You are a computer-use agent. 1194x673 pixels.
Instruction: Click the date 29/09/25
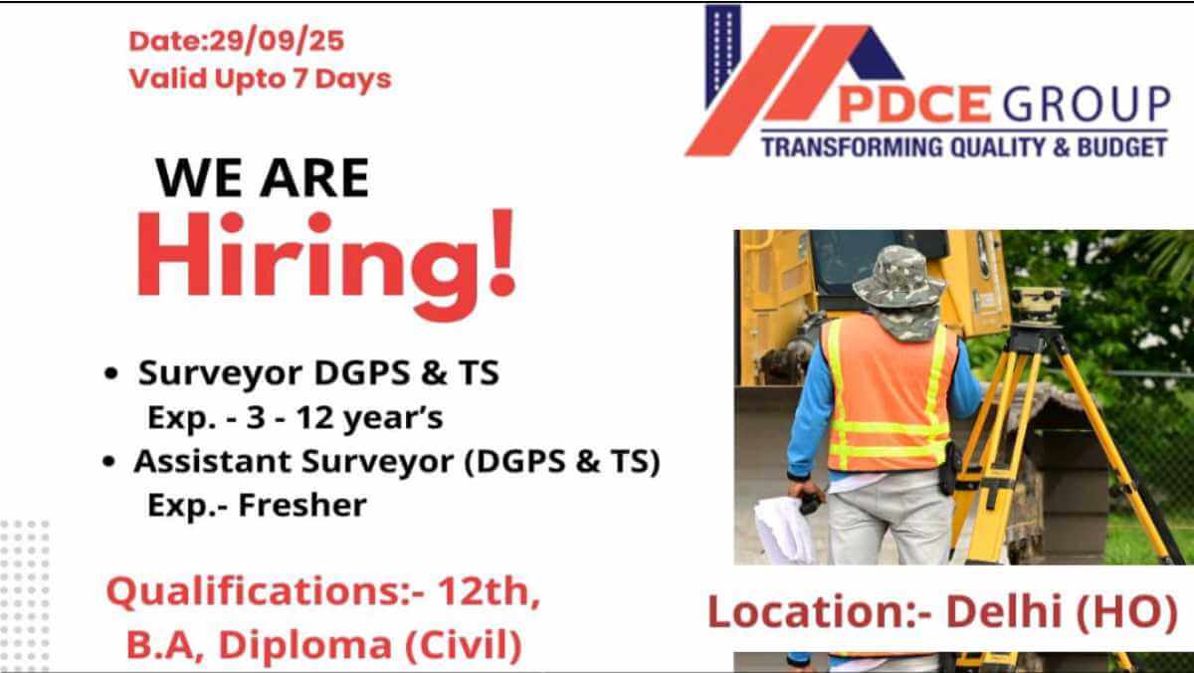click(277, 41)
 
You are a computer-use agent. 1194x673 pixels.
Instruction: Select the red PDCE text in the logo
click(914, 104)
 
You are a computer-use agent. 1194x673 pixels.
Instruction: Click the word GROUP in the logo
click(1087, 104)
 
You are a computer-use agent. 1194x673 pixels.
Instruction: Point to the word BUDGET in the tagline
click(1122, 146)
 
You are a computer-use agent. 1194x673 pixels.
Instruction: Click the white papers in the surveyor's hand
click(784, 530)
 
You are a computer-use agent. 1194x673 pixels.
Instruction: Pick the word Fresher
click(302, 505)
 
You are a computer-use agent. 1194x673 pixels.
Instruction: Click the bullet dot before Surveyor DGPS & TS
click(110, 373)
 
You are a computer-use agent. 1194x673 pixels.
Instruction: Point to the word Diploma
click(305, 645)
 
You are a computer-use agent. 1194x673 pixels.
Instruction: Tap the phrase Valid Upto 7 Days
click(260, 80)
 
